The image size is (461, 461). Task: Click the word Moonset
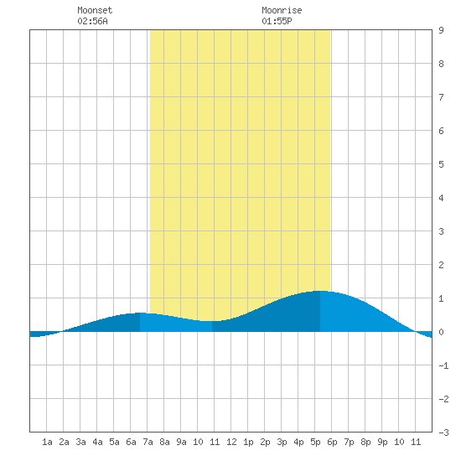point(95,10)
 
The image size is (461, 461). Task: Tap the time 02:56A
point(92,21)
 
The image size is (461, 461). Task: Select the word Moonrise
point(282,10)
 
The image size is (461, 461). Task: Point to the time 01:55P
point(277,21)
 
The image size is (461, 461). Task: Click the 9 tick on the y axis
point(441,30)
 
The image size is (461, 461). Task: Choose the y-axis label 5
point(441,164)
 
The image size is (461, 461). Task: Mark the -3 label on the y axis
point(443,433)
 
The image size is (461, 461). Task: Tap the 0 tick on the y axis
point(441,332)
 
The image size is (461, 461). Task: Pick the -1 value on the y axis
point(443,365)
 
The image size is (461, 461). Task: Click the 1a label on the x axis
point(47,442)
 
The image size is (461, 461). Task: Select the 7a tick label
point(148,442)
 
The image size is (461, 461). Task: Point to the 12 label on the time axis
point(231,442)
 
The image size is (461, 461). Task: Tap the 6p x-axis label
point(332,442)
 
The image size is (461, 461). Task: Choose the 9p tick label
point(382,442)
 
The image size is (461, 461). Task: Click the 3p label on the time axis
point(282,442)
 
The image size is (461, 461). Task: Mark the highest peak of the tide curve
point(320,291)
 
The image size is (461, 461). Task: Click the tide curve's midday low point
point(212,321)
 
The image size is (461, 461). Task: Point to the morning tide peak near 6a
point(140,313)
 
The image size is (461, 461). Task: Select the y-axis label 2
point(441,265)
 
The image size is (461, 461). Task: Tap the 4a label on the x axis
point(97,442)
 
